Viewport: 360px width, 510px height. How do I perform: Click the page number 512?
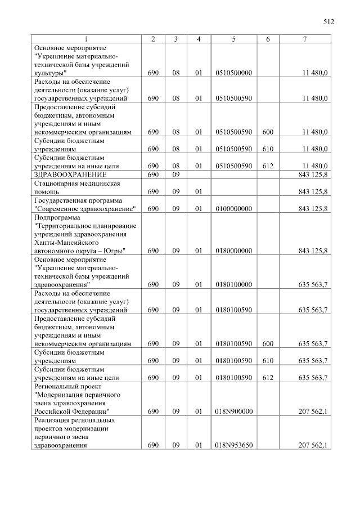click(x=329, y=22)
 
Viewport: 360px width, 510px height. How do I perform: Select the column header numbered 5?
click(x=233, y=39)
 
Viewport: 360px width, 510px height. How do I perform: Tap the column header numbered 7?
click(x=304, y=39)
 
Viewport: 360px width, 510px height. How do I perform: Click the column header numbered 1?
click(x=85, y=39)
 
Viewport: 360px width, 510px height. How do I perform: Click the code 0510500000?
click(x=233, y=73)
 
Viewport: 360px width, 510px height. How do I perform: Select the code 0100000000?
click(x=233, y=209)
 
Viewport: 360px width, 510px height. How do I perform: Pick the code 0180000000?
click(x=233, y=250)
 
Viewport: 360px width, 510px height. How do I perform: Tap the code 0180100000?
click(x=233, y=285)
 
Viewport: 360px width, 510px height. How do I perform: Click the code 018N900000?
click(x=233, y=411)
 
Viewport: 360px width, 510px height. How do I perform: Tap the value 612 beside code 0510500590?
click(x=268, y=166)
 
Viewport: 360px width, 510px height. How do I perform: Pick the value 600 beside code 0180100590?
click(x=268, y=343)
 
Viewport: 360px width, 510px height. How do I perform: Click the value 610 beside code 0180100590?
click(x=268, y=360)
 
